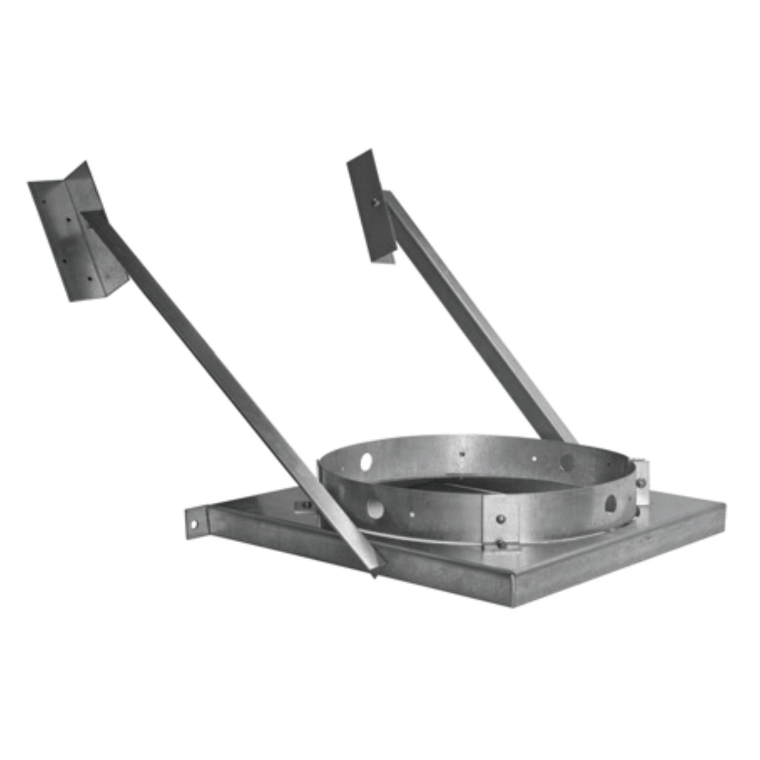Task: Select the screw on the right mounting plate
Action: coord(375,201)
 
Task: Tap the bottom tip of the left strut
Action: coord(374,571)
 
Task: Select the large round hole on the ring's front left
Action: coord(374,508)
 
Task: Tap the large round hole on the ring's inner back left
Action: coord(366,461)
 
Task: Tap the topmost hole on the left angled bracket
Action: coord(44,201)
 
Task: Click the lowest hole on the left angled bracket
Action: coord(88,279)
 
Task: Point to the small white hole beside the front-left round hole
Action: coord(411,514)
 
